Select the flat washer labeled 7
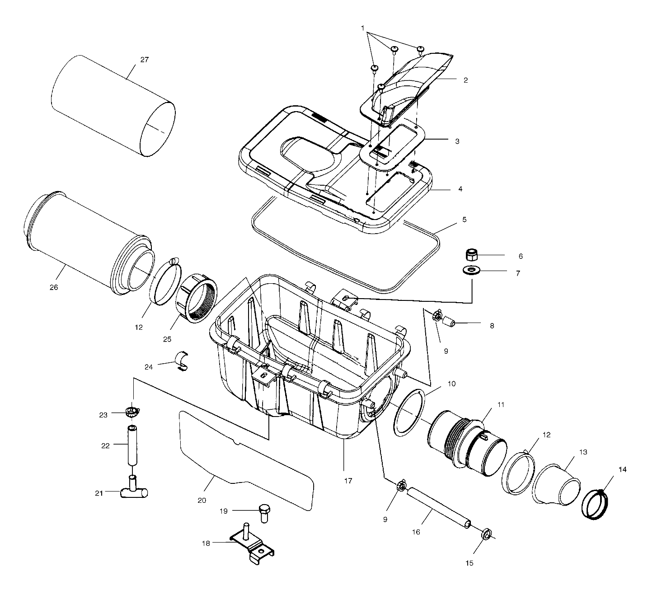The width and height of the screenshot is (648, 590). pos(472,271)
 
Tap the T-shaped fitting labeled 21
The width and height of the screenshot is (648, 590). pos(134,491)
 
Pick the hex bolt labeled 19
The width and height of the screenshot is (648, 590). pos(263,512)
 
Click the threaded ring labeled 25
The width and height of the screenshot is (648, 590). pos(199,297)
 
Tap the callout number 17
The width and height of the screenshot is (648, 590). pos(347,481)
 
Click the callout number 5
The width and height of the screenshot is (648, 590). pos(464,220)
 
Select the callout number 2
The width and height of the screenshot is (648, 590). pos(465,80)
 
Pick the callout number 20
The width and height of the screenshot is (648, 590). pos(202,500)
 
